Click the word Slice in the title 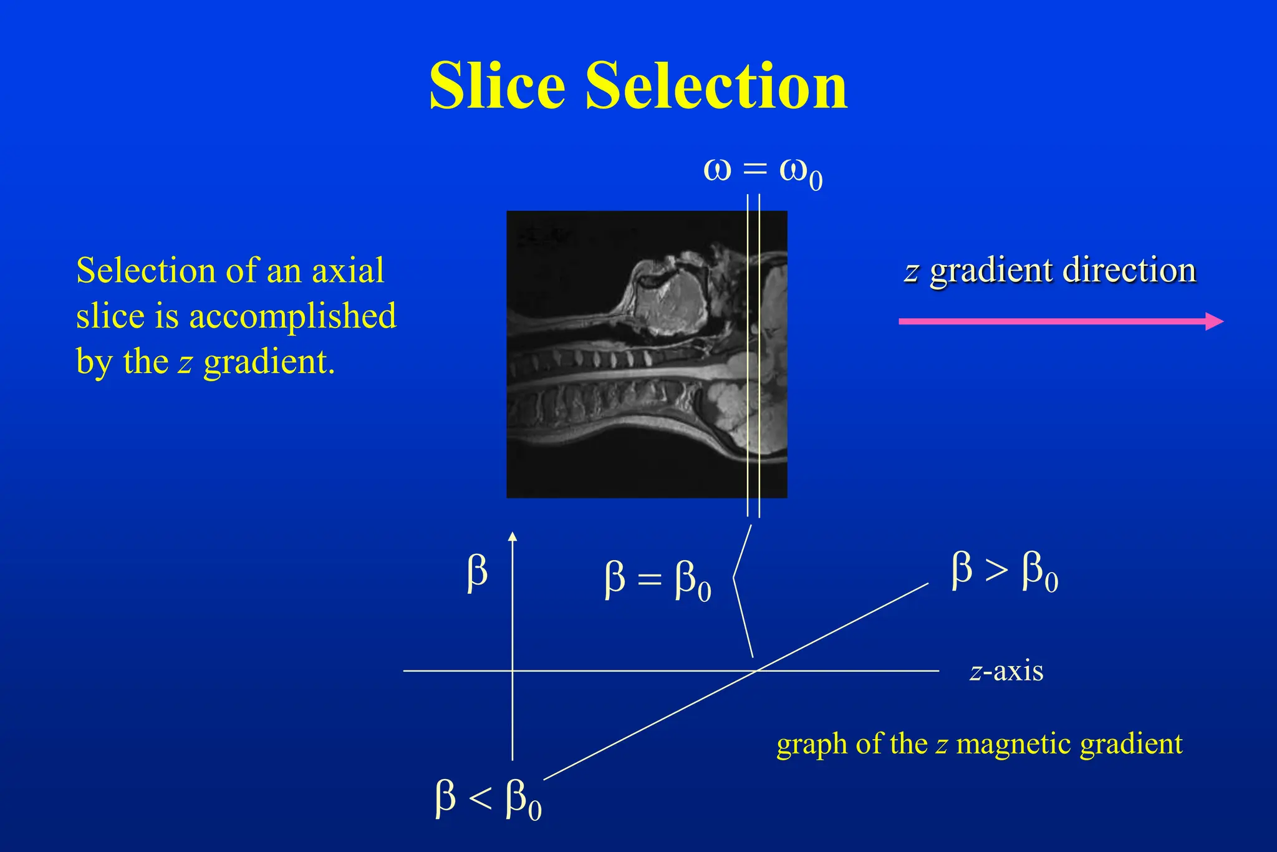(x=497, y=85)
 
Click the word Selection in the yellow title (x=716, y=85)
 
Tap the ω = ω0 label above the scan (x=763, y=171)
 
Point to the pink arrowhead (x=1215, y=321)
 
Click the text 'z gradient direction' (x=1050, y=271)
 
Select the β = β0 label (x=657, y=579)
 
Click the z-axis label (x=1006, y=671)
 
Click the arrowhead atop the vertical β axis (x=513, y=536)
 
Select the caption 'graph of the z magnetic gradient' (x=979, y=744)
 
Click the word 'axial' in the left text (x=347, y=271)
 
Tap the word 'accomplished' (x=292, y=316)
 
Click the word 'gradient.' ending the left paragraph (x=269, y=362)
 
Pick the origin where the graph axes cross (x=513, y=670)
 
